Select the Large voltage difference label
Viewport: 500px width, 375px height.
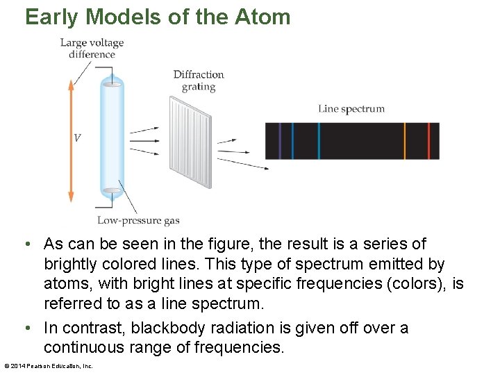pyautogui.click(x=92, y=49)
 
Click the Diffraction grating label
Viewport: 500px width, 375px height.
pyautogui.click(x=199, y=81)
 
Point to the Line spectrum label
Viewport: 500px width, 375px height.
pyautogui.click(x=351, y=108)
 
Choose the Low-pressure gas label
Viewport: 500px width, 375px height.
pyautogui.click(x=138, y=221)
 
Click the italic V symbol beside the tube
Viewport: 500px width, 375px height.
pyautogui.click(x=77, y=137)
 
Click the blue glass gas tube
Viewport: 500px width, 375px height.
pyautogui.click(x=111, y=139)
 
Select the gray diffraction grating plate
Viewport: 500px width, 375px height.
pyautogui.click(x=190, y=142)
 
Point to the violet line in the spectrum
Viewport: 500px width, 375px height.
pyautogui.click(x=279, y=141)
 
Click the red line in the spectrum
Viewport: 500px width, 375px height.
pyautogui.click(x=428, y=141)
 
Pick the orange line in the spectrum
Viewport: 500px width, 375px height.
pyautogui.click(x=405, y=141)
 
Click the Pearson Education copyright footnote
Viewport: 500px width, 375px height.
pyautogui.click(x=49, y=366)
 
